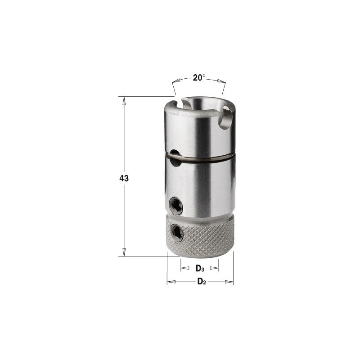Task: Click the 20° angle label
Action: [199, 77]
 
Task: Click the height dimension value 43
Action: [124, 178]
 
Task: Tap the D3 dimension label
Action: [200, 268]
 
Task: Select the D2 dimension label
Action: [202, 281]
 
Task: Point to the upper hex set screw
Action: [176, 206]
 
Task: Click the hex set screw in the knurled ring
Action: [176, 233]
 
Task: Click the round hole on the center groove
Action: [175, 158]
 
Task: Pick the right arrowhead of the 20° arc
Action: [221, 81]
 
